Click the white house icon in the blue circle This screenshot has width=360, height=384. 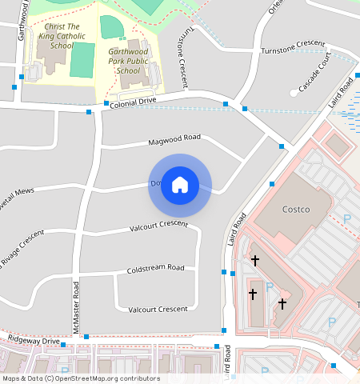click(180, 185)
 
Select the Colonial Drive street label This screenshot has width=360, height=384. click(132, 102)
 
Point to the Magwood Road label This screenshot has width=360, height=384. click(174, 141)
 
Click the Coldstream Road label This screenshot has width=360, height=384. click(155, 270)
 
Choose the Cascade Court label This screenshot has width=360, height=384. click(314, 73)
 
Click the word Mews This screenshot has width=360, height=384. click(23, 193)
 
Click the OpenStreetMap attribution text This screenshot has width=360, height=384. click(80, 378)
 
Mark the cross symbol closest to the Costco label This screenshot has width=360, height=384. click(255, 260)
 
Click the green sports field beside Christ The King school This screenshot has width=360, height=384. click(82, 61)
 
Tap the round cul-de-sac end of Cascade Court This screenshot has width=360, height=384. click(294, 93)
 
